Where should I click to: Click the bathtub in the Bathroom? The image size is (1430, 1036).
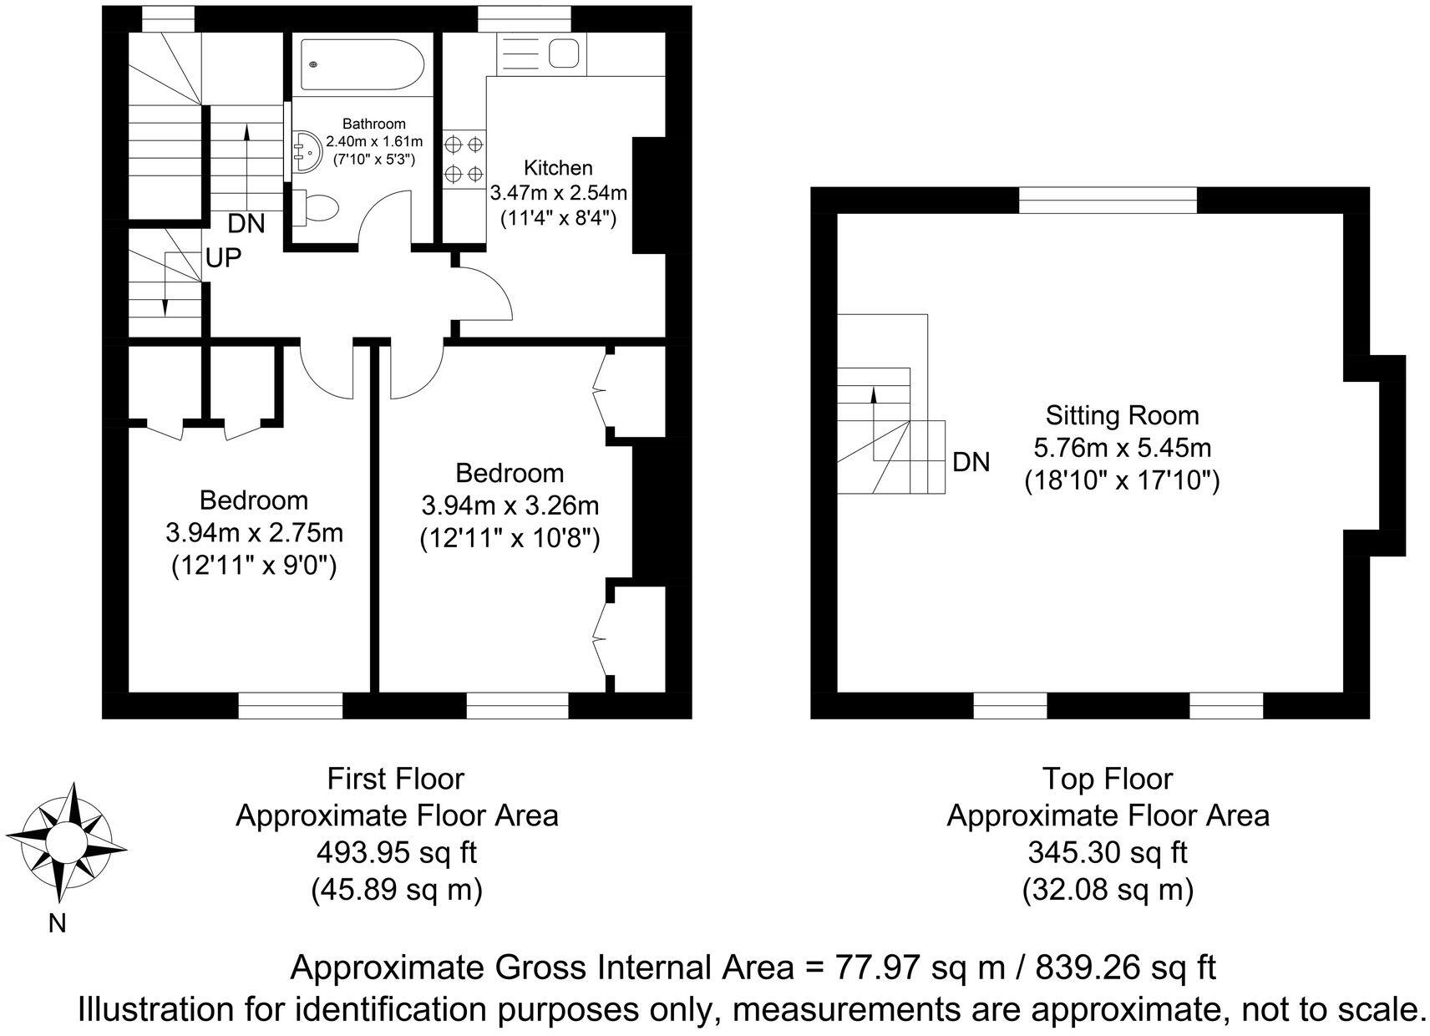pyautogui.click(x=363, y=64)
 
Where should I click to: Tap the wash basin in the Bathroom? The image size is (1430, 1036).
pyautogui.click(x=307, y=152)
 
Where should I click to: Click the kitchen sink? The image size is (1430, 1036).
pyautogui.click(x=563, y=53)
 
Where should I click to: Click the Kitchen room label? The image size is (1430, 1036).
pyautogui.click(x=558, y=168)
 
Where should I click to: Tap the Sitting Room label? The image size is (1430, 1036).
pyautogui.click(x=1122, y=416)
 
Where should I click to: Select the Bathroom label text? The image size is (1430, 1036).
pyautogui.click(x=374, y=124)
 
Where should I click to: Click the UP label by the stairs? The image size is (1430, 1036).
pyautogui.click(x=224, y=258)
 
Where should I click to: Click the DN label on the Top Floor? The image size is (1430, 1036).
pyautogui.click(x=971, y=462)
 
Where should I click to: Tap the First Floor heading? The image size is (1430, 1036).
pyautogui.click(x=396, y=780)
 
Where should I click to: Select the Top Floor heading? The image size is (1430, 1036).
pyautogui.click(x=1108, y=780)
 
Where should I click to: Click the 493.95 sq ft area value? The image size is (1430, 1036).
pyautogui.click(x=397, y=853)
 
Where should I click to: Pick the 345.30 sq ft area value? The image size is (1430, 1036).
pyautogui.click(x=1108, y=853)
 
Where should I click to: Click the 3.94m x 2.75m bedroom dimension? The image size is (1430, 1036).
pyautogui.click(x=254, y=533)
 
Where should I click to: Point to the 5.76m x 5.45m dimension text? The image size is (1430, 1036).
pyautogui.click(x=1123, y=448)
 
